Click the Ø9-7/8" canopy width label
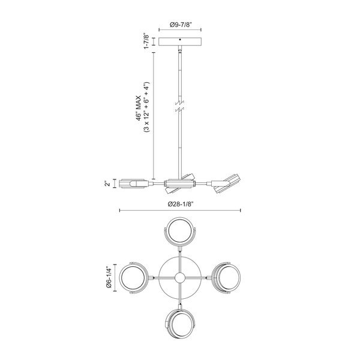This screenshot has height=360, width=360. (180, 25)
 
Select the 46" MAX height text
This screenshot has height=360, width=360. (138, 109)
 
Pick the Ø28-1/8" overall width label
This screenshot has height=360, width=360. (181, 204)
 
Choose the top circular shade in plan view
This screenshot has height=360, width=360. (180, 231)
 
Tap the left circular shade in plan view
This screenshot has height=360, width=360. (133, 278)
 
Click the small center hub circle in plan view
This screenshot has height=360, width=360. (180, 278)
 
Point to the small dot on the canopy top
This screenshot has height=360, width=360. (181, 40)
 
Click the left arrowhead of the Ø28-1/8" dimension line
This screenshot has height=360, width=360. (121, 211)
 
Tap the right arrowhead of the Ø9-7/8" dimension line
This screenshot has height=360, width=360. (201, 31)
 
